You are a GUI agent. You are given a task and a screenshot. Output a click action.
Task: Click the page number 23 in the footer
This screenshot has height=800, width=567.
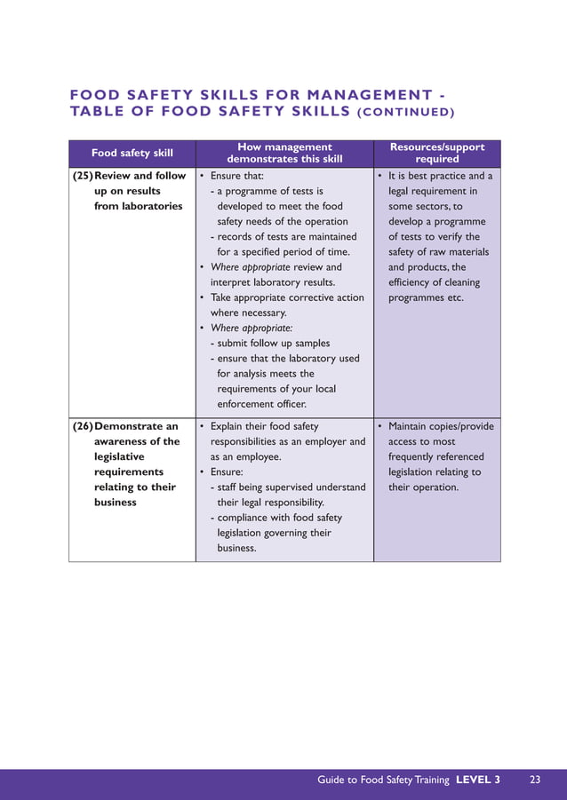pos(535,780)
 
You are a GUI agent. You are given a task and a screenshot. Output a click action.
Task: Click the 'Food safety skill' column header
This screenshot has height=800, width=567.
pos(132,153)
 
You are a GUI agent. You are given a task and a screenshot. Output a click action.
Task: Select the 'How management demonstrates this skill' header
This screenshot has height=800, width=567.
pos(284,153)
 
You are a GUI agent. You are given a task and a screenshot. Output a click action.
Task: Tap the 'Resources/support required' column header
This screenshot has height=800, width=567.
pos(437,153)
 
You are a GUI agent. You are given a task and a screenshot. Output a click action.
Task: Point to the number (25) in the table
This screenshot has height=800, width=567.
pos(87,176)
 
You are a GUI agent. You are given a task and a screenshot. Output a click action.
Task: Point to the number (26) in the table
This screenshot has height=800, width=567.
pos(87,426)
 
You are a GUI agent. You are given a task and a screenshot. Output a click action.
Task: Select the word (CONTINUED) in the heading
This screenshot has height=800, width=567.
pos(405,112)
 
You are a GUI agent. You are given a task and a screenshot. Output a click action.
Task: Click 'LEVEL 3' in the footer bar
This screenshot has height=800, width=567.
pos(478,780)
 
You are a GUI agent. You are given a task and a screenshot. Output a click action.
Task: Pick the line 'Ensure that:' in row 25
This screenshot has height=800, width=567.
pos(236,176)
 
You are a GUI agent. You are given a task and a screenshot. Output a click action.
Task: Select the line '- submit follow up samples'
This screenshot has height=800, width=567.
pos(269,343)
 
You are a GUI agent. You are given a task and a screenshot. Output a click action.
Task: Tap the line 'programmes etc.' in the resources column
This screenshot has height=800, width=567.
pos(426,297)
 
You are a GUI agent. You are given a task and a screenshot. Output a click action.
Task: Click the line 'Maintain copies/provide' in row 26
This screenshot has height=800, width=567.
pos(441,426)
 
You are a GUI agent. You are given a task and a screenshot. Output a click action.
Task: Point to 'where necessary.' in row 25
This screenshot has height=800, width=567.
pos(248,313)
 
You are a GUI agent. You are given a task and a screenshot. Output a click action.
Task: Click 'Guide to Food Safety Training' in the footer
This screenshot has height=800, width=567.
pos(383,780)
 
